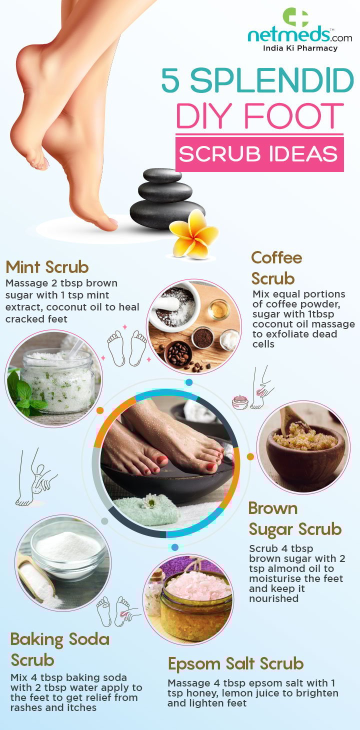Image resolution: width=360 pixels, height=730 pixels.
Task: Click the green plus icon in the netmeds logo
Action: point(295,17)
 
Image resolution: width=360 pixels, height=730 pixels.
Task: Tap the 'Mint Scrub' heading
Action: point(47,267)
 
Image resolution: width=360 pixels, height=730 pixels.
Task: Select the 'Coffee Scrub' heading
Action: point(276,268)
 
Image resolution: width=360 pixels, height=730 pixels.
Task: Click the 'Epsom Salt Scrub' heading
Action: point(235,663)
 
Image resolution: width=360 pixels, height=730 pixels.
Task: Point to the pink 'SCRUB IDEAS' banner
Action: point(259,154)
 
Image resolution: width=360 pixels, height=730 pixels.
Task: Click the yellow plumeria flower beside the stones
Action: point(194,234)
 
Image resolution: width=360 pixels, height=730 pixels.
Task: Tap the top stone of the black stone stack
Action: point(162,175)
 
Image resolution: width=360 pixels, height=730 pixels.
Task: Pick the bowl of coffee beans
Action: point(178,354)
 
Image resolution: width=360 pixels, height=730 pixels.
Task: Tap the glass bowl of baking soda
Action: point(68,550)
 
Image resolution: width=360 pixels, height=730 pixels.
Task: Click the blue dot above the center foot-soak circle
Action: point(189,382)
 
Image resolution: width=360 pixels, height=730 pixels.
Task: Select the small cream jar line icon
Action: point(240,402)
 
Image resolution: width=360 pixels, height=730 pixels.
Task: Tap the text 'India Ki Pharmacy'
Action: point(300,48)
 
